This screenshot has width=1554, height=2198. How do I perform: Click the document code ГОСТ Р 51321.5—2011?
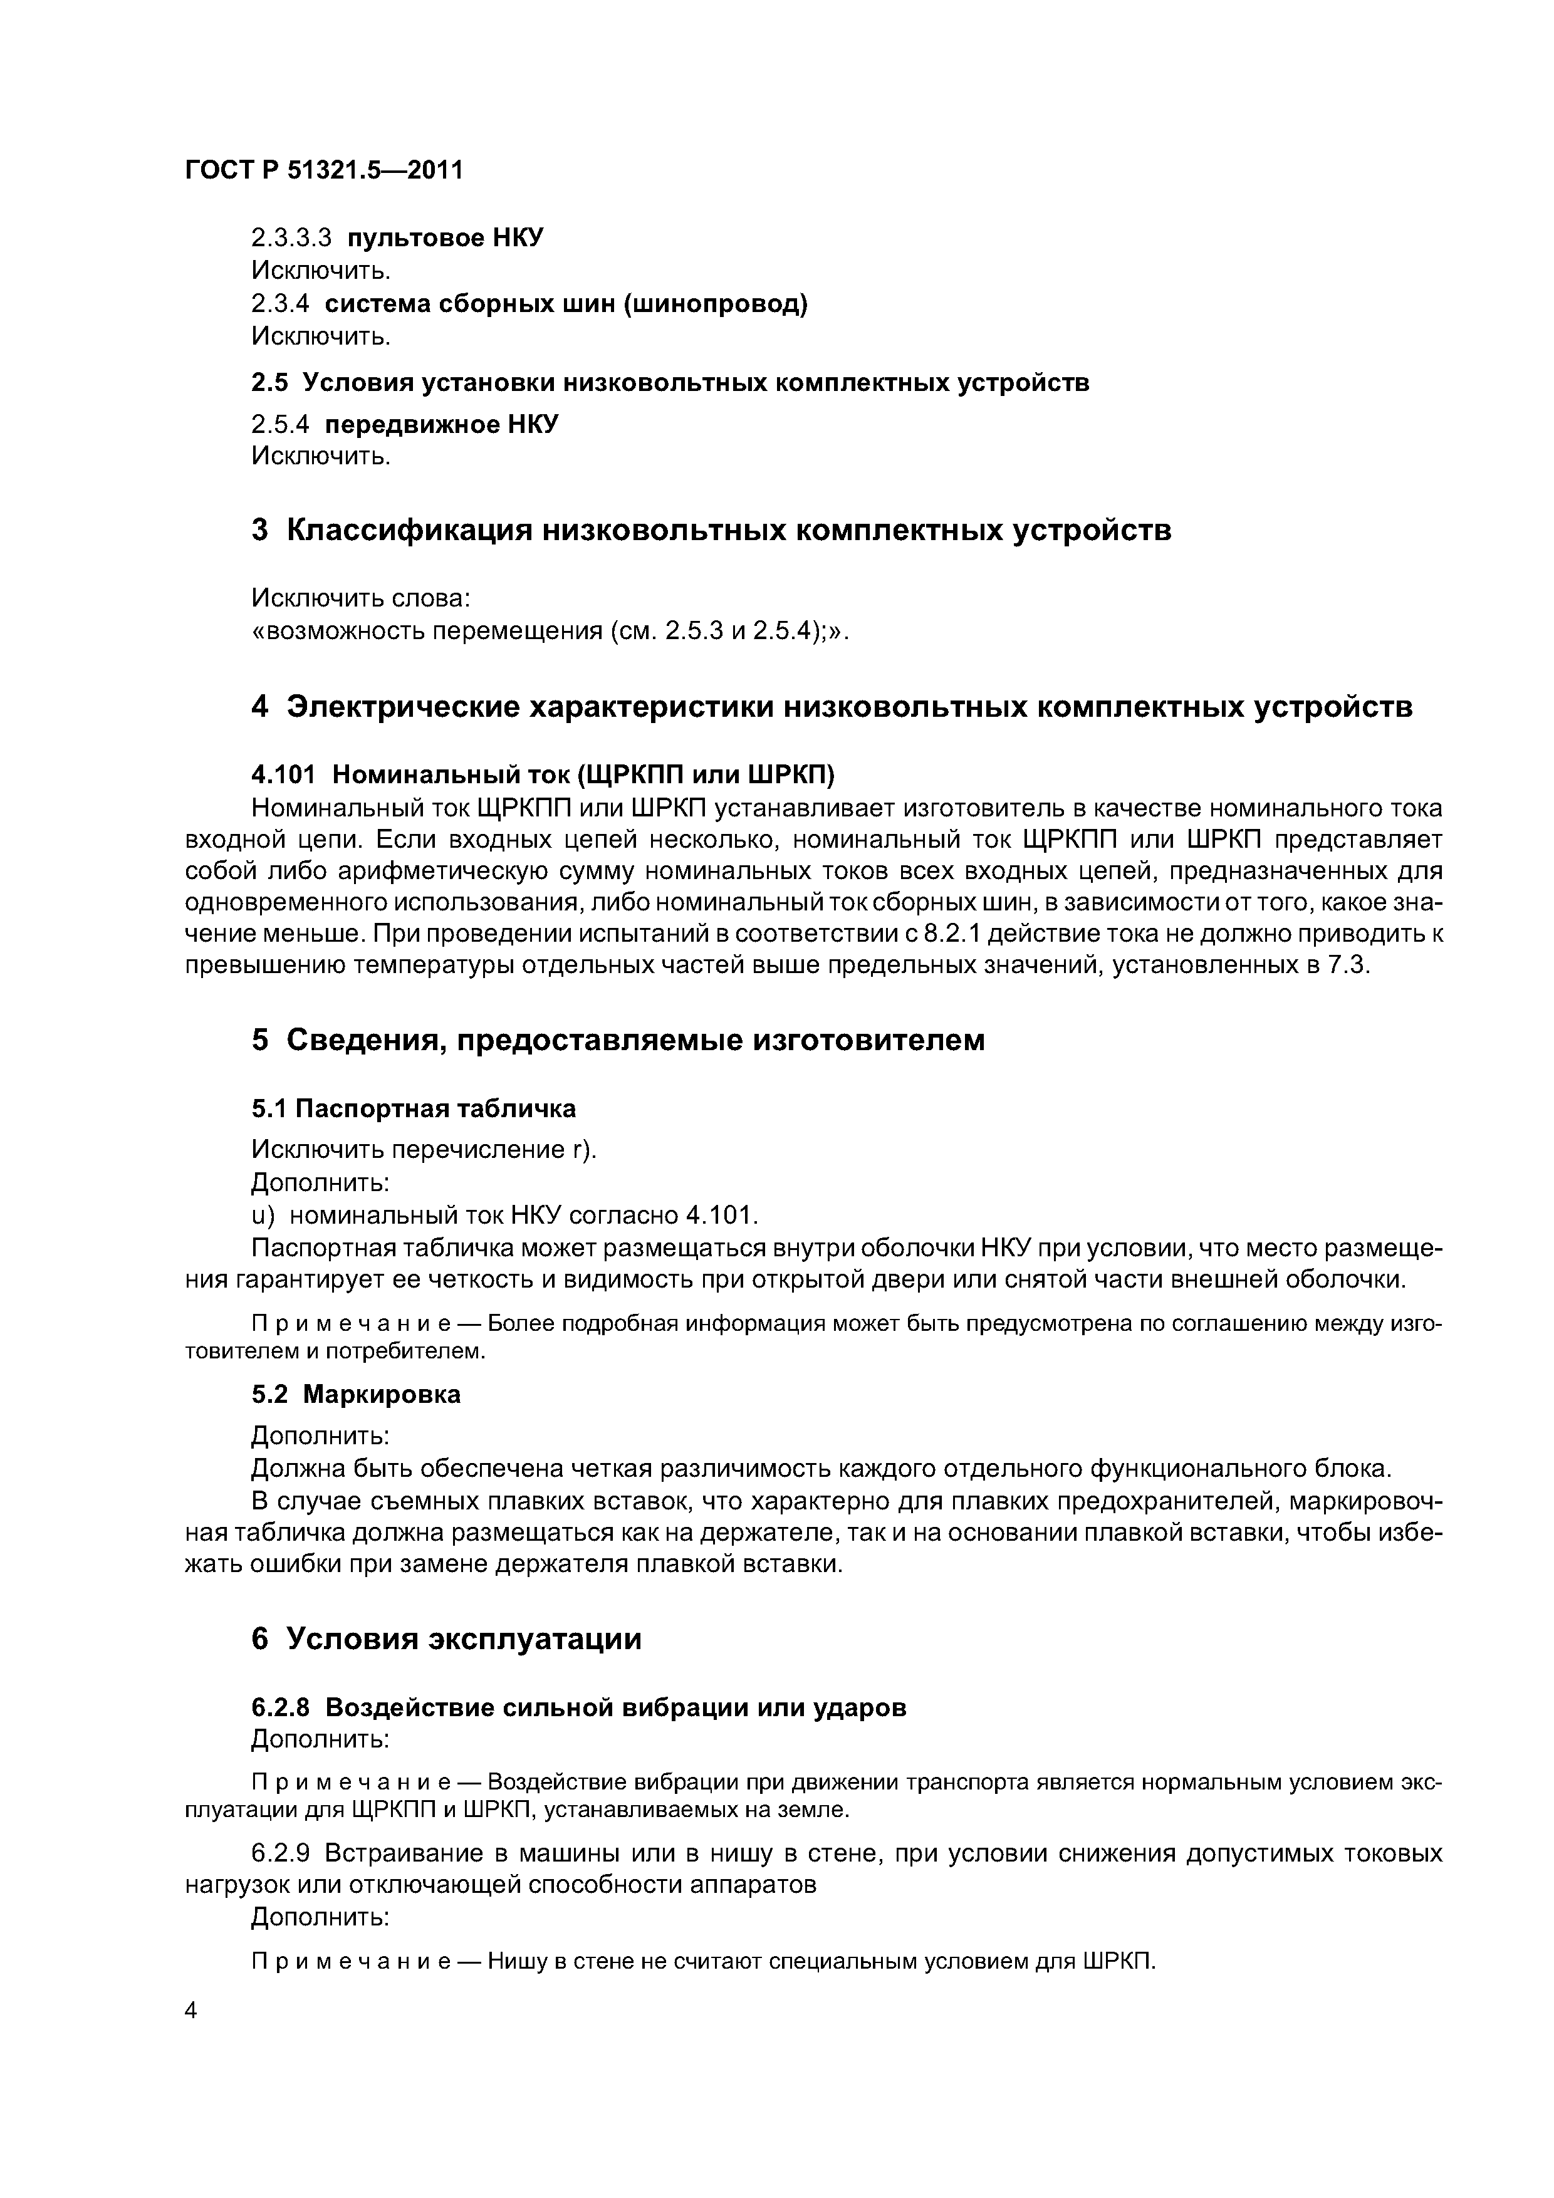[323, 170]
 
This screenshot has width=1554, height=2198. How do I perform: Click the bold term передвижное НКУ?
[441, 424]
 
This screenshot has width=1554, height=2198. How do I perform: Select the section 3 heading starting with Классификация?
[711, 530]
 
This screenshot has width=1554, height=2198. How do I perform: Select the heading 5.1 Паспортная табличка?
[414, 1108]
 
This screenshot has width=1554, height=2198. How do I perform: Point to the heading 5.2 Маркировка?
[355, 1395]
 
